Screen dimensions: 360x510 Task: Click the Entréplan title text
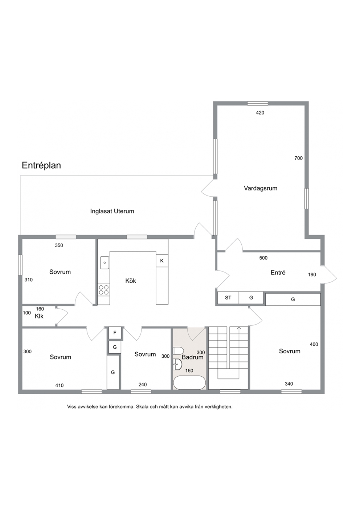click(41, 165)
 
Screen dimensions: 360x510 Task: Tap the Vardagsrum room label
click(261, 188)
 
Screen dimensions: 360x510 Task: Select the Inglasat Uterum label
click(112, 211)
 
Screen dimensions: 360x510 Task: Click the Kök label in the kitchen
click(131, 281)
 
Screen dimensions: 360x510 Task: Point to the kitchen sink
click(105, 262)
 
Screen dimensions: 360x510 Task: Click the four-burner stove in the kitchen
click(104, 290)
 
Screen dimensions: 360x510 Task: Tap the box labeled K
click(162, 261)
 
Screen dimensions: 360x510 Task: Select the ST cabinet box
click(228, 298)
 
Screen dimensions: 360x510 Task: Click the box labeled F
click(115, 333)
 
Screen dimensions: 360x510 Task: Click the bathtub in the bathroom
click(189, 382)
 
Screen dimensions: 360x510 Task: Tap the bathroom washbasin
click(177, 365)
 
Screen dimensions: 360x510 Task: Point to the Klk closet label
click(39, 316)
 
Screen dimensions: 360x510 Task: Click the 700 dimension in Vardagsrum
click(298, 158)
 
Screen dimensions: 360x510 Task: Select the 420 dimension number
click(260, 112)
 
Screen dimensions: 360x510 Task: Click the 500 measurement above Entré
click(263, 258)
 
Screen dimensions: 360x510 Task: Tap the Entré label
click(278, 273)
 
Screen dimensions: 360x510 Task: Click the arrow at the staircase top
click(239, 328)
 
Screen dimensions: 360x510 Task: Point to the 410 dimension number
click(59, 385)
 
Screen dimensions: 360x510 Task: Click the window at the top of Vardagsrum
click(258, 103)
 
